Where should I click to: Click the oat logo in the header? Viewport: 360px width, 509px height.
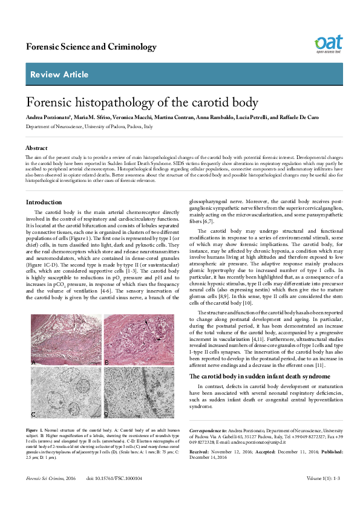327,44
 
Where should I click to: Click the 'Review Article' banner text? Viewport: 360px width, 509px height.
53,74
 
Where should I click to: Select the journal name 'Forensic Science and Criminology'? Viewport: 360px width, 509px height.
82,47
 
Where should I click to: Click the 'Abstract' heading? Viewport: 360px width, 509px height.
36,148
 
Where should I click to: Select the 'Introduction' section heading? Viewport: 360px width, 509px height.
44,202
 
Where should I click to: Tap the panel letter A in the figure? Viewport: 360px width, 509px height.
33,361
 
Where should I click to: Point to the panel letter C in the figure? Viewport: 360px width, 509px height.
33,414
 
